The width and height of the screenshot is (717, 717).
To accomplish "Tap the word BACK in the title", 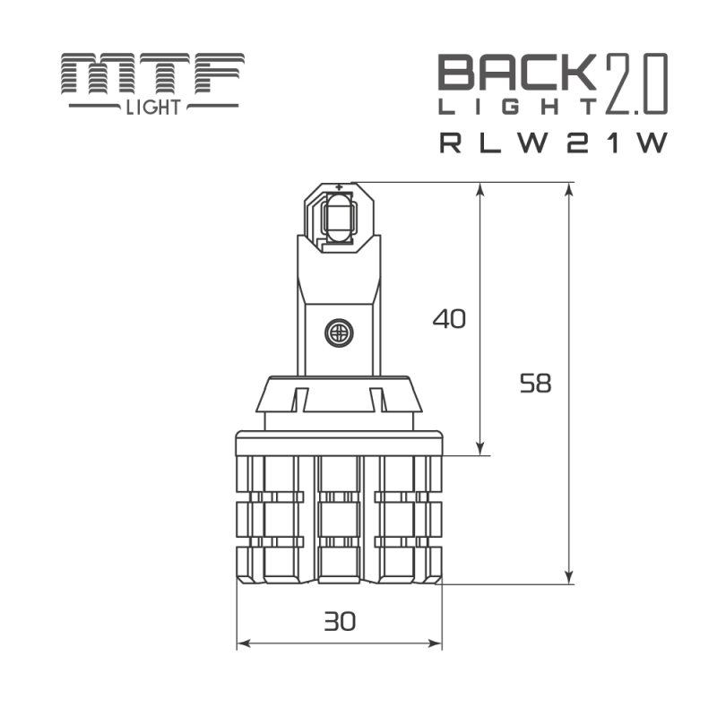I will coord(516,73).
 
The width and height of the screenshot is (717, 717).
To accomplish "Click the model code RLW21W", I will coord(554,143).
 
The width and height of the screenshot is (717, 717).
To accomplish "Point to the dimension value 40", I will coord(449,319).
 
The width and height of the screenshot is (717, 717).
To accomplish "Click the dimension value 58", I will coord(536,384).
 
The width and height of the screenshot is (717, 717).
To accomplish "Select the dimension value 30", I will coord(340,620).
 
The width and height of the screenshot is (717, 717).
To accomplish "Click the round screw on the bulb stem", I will coord(340,333).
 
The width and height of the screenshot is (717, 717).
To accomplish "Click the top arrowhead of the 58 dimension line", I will coord(569,189).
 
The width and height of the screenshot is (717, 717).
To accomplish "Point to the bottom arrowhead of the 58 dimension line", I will coord(569,578).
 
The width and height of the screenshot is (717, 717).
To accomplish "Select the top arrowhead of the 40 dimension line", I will coord(481,189).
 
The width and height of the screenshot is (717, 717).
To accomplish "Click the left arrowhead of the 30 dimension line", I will coord(243,644).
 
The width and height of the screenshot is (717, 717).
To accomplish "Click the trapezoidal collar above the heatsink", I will coord(340,395).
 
